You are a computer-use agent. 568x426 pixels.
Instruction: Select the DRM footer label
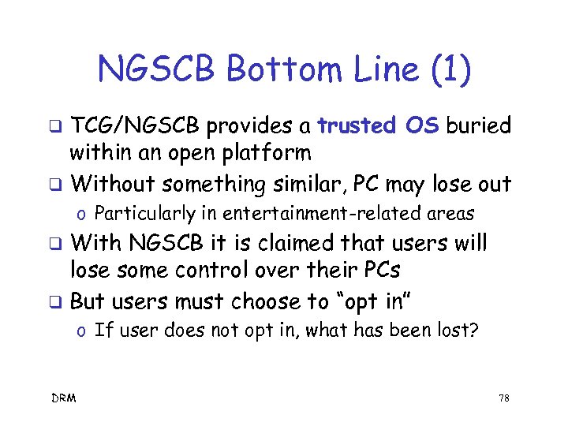(64, 398)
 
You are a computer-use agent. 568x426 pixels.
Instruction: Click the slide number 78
(504, 398)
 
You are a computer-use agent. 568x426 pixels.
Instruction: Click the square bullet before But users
(56, 303)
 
